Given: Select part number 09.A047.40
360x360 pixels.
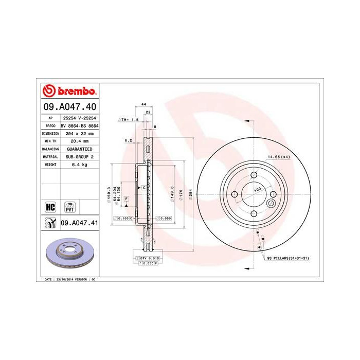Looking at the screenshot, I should [68, 107].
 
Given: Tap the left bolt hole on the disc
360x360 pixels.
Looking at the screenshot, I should [235, 194].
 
